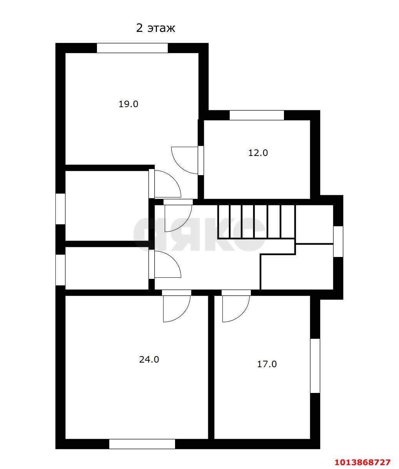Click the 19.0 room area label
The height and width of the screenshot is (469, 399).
(128, 104)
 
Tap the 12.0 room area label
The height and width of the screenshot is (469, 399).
(258, 153)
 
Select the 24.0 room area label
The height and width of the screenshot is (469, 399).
(149, 360)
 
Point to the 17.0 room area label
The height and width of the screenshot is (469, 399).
(267, 364)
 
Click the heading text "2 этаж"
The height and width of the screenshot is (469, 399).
(155, 28)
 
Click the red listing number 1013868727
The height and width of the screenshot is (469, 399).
(362, 462)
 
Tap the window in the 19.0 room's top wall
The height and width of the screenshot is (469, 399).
(132, 48)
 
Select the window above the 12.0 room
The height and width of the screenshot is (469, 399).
(257, 115)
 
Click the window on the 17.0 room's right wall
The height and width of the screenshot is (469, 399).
(315, 366)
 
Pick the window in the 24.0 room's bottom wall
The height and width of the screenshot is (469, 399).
(142, 444)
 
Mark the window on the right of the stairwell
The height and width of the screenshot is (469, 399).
(338, 242)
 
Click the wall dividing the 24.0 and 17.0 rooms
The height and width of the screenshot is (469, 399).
(211, 367)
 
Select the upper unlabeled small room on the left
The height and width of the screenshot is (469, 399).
(107, 205)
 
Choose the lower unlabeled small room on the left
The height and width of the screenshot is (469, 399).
(107, 268)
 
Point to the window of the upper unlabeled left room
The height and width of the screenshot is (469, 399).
(60, 209)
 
